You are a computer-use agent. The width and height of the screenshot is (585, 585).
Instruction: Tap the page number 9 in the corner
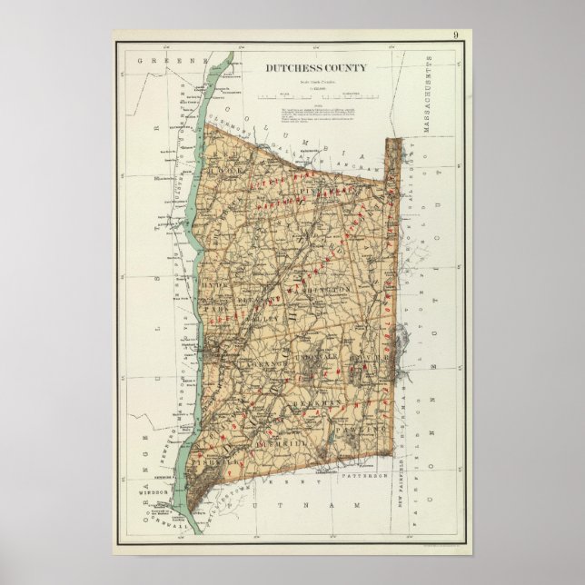[454, 36]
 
